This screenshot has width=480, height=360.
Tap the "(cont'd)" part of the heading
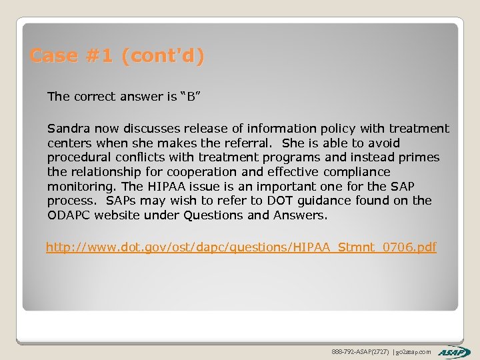pos(163,56)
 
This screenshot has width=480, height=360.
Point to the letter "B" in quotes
pos(191,97)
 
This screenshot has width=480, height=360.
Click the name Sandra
pos(69,129)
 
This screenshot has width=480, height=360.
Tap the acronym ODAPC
pos(69,215)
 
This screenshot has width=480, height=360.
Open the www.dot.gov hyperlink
pos(241,248)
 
